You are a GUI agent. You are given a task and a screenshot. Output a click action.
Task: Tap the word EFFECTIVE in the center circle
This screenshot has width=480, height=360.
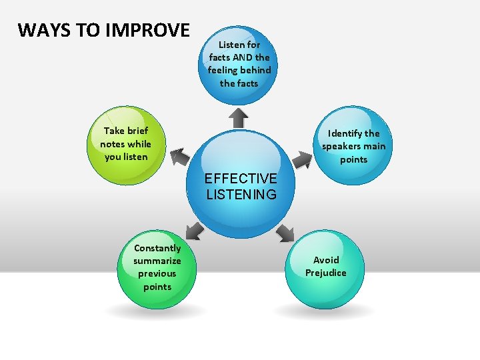coord(241,179)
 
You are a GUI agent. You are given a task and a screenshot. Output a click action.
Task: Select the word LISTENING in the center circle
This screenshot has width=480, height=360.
coord(241,195)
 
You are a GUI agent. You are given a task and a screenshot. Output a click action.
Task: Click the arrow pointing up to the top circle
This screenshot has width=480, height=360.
coord(238,117)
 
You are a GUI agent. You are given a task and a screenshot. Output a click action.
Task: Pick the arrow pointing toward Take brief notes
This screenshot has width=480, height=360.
coord(179,157)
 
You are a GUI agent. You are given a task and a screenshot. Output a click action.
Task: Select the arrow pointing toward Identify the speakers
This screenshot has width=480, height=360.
coord(303,159)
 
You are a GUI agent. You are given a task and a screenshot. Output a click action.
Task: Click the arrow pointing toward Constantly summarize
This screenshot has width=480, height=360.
coord(194,231)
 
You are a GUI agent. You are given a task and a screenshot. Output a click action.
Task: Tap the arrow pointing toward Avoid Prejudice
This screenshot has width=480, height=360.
coord(285,233)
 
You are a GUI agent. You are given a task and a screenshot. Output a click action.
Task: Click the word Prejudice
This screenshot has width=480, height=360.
coord(326,273)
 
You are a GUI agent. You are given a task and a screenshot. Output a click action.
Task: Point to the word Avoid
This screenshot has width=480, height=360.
coord(326,260)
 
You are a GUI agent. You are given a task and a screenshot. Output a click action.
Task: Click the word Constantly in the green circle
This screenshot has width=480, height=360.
coord(157,248)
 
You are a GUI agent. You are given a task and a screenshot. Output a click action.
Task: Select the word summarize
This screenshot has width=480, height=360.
coord(157,261)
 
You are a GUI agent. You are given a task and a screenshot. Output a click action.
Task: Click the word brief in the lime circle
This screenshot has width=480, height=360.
coord(137,131)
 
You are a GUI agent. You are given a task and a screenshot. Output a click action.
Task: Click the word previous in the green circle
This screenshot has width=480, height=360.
coord(157,273)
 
